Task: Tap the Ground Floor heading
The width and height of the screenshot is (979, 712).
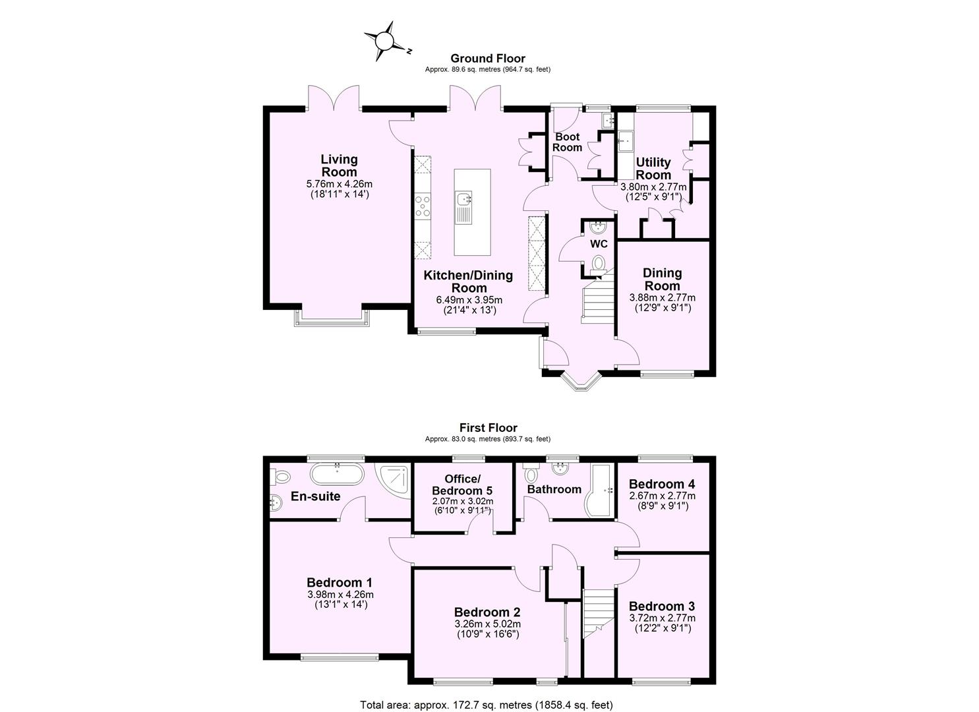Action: tap(487, 59)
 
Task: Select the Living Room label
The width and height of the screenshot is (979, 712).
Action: tap(340, 165)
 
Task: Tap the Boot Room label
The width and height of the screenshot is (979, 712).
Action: tap(567, 142)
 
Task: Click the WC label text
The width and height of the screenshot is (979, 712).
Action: tap(599, 244)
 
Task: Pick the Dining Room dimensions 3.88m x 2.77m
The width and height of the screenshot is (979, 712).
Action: tap(662, 297)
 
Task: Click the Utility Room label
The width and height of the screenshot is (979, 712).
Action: tap(653, 168)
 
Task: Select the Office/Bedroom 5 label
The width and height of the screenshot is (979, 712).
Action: tap(461, 485)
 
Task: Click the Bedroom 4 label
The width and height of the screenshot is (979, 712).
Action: tap(661, 482)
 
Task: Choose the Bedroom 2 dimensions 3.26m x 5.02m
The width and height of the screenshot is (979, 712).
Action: tap(487, 624)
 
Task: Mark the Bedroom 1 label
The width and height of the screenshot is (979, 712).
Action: tap(340, 582)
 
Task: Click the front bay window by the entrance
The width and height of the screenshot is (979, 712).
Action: tap(578, 383)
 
